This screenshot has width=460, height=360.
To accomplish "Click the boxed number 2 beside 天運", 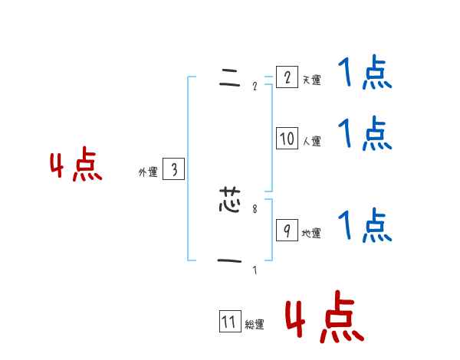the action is (x=287, y=77).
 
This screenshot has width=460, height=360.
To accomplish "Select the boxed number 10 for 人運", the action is (x=287, y=139).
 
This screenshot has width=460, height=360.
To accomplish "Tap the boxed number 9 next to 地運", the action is (x=287, y=231).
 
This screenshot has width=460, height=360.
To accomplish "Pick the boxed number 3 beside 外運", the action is (x=173, y=170).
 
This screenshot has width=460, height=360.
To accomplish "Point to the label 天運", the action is (x=311, y=80).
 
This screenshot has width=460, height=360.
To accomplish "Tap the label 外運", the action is (x=147, y=173).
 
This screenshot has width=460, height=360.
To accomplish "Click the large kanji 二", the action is (x=229, y=77).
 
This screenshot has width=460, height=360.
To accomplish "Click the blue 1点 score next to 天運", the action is (x=365, y=74).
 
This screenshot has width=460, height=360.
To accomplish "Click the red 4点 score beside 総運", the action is (x=324, y=320).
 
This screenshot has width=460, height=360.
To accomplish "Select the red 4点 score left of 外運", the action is (x=76, y=167).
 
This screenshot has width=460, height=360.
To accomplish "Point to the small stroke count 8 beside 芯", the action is (x=255, y=208).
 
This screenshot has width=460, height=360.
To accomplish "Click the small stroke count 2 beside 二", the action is (x=255, y=85).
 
